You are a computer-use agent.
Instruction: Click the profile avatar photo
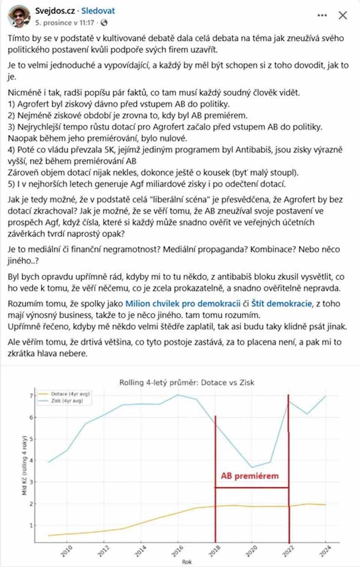pos(19,16)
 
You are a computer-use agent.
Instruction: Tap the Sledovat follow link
pos(98,11)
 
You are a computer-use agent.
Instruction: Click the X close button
pos(343,15)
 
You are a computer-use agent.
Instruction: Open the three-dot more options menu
pos(322,15)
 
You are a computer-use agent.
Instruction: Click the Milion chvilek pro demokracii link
pos(183,304)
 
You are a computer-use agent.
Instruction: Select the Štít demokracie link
pos(281,304)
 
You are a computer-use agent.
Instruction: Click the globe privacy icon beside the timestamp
pos(104,23)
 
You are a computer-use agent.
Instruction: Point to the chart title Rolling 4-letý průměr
pos(187,383)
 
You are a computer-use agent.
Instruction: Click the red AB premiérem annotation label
pos(250,476)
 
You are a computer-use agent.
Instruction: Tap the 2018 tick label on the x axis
pos(214,551)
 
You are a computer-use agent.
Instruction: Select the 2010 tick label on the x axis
pos(67,551)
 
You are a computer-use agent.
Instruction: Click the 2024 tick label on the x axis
pos(325,551)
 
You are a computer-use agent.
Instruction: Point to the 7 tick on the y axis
pos(31,396)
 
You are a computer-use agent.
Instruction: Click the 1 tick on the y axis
pos(31,525)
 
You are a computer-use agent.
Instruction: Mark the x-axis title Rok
pos(187,562)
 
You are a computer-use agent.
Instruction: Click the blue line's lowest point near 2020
pos(252,467)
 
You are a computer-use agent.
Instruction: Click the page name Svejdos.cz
pos(55,11)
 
